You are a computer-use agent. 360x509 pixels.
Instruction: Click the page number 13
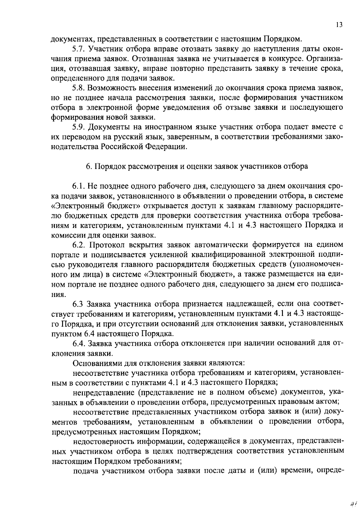(339, 25)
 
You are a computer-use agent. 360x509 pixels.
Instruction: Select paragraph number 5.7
(79, 49)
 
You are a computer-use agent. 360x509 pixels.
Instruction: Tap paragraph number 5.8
(79, 88)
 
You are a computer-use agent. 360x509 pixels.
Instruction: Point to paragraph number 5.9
(79, 127)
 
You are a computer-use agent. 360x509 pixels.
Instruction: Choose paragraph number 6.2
(79, 245)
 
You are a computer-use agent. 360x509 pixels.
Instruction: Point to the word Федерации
(168, 147)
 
